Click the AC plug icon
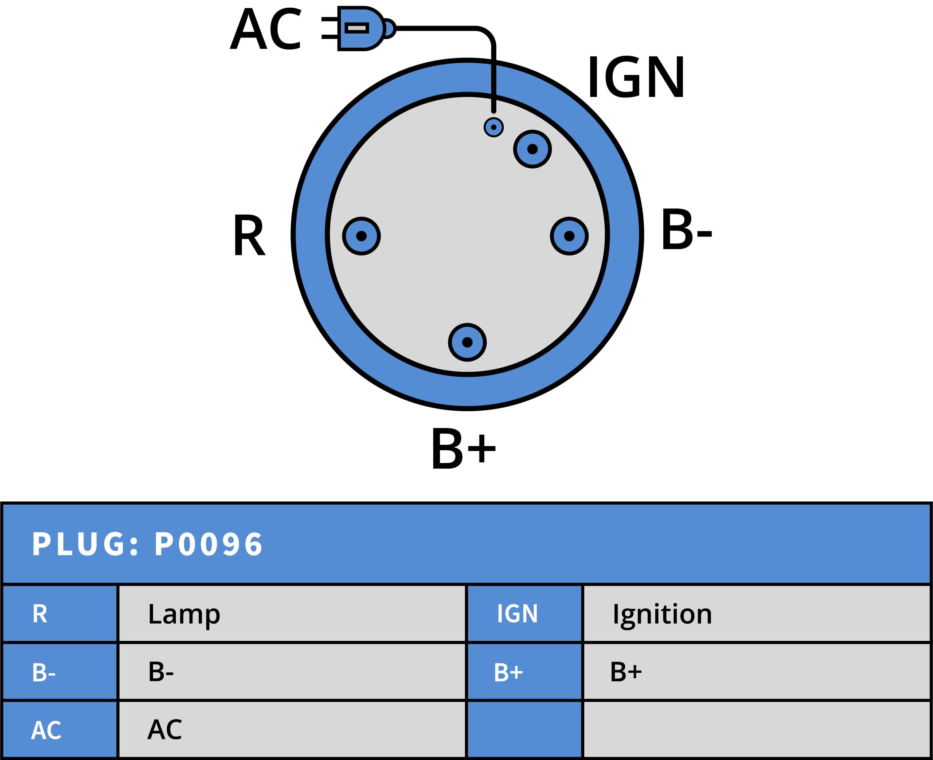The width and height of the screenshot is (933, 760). click(359, 28)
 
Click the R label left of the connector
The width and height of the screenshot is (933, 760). click(249, 235)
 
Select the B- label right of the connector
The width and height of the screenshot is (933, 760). click(686, 231)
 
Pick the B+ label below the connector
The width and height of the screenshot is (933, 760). click(463, 449)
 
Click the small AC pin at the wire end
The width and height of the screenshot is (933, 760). click(493, 128)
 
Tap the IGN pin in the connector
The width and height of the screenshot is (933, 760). click(532, 149)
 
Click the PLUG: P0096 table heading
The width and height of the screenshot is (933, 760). click(148, 545)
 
